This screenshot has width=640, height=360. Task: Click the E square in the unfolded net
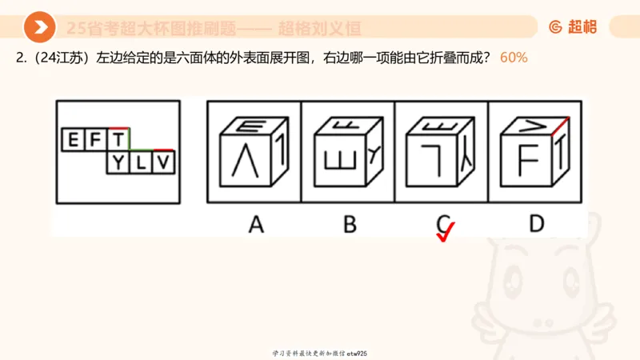pyautogui.click(x=74, y=141)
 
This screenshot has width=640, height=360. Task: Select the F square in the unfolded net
pyautogui.click(x=96, y=141)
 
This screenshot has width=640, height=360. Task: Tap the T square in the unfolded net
pyautogui.click(x=118, y=141)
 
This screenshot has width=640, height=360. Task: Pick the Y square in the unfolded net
pyautogui.click(x=118, y=163)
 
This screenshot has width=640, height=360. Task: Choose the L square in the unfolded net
pyautogui.click(x=141, y=163)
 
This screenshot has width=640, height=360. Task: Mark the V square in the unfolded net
pyautogui.click(x=163, y=163)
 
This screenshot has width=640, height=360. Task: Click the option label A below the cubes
pyautogui.click(x=255, y=224)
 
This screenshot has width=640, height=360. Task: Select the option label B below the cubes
pyautogui.click(x=349, y=224)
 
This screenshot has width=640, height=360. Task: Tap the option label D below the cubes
pyautogui.click(x=535, y=224)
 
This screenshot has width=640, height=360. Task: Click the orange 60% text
pyautogui.click(x=513, y=58)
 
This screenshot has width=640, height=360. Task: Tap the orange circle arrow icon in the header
pyautogui.click(x=39, y=27)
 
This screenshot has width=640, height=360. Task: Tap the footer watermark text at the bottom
pyautogui.click(x=320, y=353)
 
